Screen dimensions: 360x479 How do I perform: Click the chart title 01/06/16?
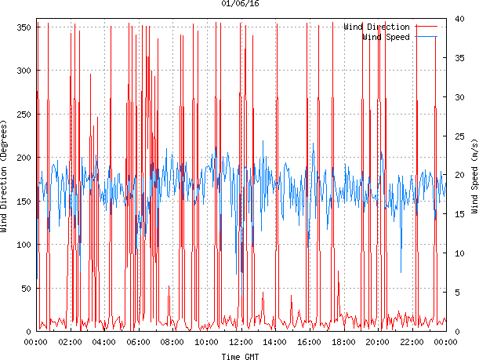tap(241, 4)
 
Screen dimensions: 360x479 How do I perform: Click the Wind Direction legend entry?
tap(376, 27)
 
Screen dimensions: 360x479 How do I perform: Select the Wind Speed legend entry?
tap(386, 37)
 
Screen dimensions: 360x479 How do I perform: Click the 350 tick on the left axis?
tap(24, 27)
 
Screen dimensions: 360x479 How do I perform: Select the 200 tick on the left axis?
tap(24, 158)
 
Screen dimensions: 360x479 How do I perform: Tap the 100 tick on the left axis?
tap(24, 245)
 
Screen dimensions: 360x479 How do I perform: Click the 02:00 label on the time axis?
tap(70, 342)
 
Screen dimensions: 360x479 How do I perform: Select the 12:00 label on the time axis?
tap(241, 342)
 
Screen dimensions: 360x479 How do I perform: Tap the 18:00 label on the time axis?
tap(343, 342)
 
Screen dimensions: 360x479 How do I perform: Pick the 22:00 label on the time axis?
tap(412, 342)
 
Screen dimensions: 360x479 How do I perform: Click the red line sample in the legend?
tap(426, 27)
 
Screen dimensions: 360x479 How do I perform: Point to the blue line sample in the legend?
tap(426, 37)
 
